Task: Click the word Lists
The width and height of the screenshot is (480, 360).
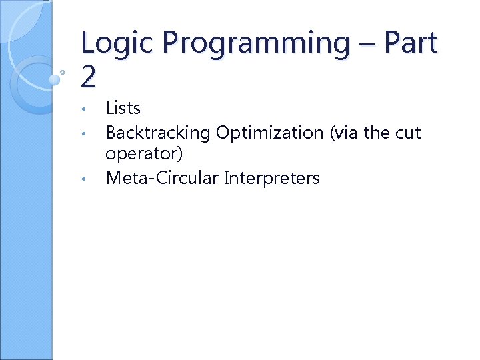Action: tap(123, 108)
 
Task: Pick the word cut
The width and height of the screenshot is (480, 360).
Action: tap(408, 133)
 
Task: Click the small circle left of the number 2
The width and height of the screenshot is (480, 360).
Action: tap(62, 71)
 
